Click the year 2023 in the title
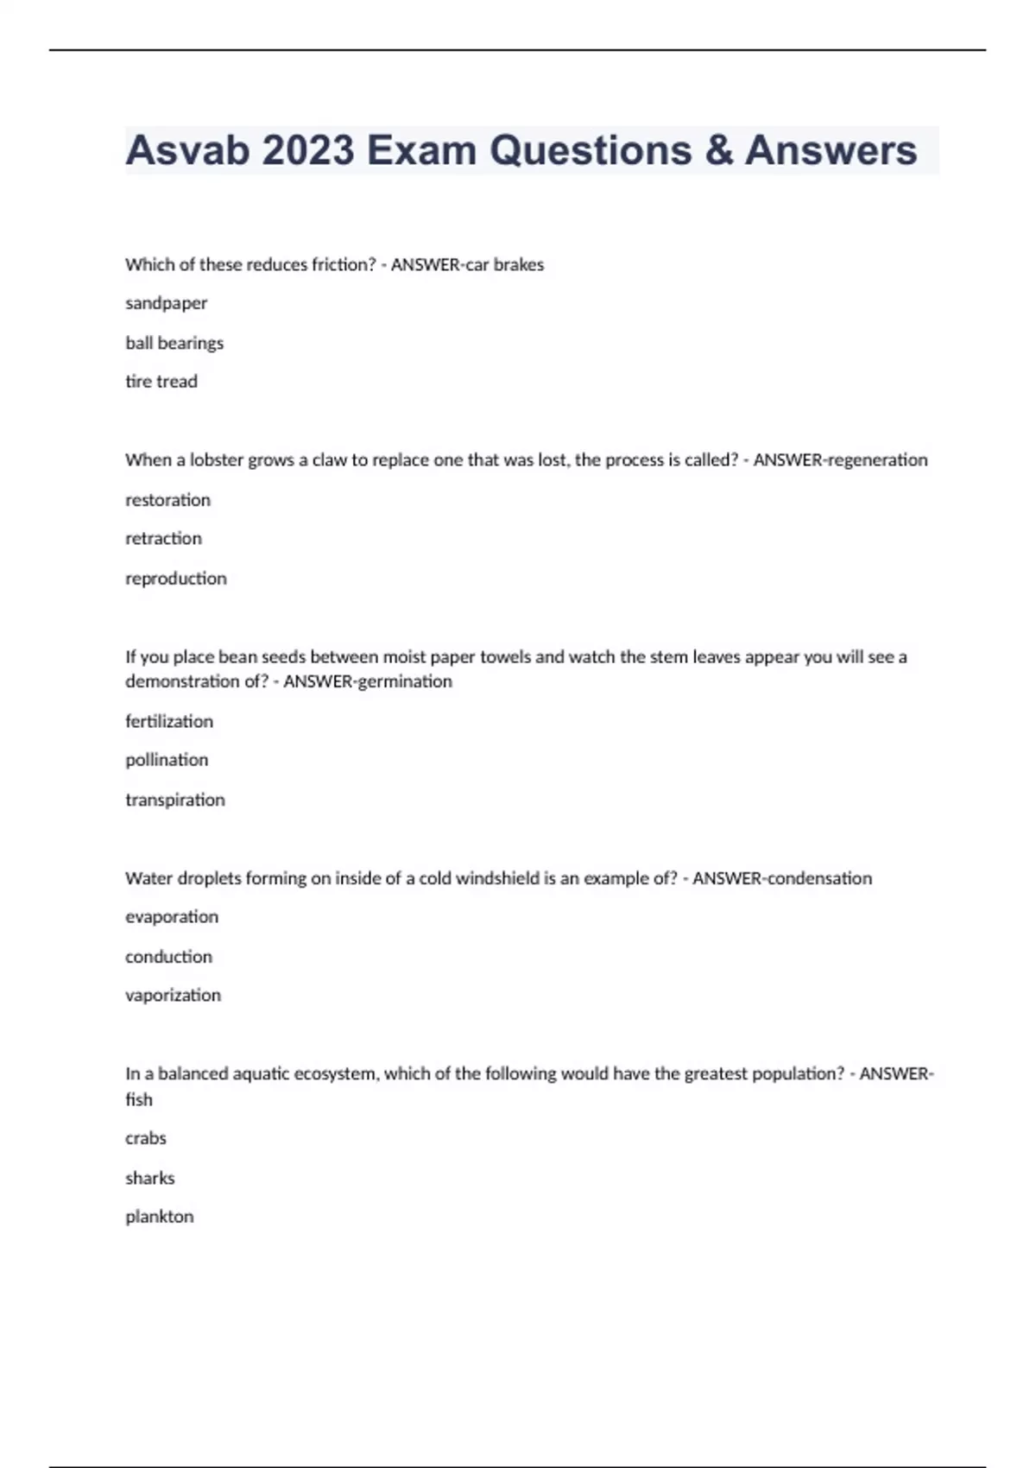click(308, 150)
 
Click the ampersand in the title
click(718, 150)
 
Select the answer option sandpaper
click(166, 303)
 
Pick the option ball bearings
click(174, 343)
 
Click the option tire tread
click(161, 382)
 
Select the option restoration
click(167, 500)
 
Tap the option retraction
click(163, 539)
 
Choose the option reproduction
click(176, 579)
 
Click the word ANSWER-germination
click(368, 681)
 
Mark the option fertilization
click(169, 721)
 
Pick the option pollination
click(167, 760)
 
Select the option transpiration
click(175, 800)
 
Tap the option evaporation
click(172, 917)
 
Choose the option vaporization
click(173, 996)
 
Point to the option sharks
click(150, 1178)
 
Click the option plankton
click(160, 1217)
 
